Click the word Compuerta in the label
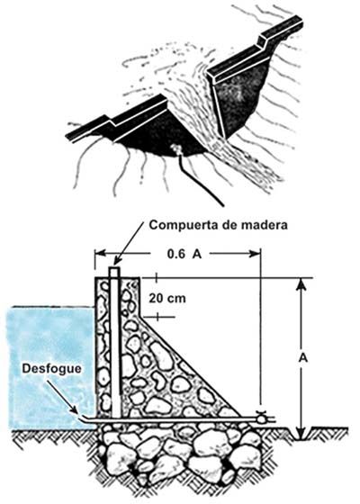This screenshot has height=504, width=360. pos(181,226)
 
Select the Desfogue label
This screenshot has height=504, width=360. pos(52,369)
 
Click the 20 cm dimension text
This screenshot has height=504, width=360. pos(167,298)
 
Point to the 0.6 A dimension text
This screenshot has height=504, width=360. pos(184,254)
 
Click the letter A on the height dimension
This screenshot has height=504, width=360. pos(302,357)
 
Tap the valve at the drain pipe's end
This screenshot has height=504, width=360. pos(261,418)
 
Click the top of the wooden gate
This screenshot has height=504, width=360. pos(114,269)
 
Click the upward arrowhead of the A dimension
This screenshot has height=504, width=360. pos(301,284)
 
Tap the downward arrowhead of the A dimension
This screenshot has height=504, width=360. pos(301,434)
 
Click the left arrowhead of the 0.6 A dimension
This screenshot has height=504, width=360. pos(100,254)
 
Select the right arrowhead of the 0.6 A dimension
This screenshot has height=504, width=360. pos(254,254)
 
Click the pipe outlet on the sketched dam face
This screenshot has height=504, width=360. pos(175,148)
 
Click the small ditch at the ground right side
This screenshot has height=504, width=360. pos(301,434)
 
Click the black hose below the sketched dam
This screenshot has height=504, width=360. pos(200,180)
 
